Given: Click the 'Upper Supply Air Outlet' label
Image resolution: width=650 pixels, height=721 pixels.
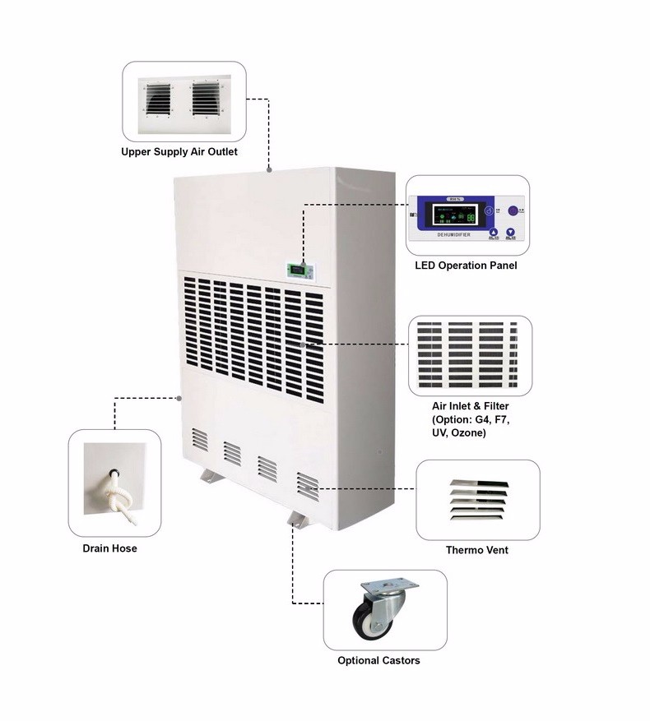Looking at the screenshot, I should pos(179,152).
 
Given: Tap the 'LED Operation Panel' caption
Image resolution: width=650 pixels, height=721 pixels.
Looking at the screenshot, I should pos(466,266).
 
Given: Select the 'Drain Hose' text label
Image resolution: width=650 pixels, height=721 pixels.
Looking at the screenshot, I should pos(109,548).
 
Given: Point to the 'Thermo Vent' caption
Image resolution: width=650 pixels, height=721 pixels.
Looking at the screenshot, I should pos(476,550).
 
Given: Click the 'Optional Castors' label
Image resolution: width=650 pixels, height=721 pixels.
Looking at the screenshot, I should pos(378,660).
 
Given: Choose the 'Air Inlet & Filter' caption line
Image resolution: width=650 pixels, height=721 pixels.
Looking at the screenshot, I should pos(470,406).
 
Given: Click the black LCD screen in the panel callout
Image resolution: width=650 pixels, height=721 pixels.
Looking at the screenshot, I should pos(452,217).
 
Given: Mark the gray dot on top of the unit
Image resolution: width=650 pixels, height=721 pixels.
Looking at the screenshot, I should pos(269,170).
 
